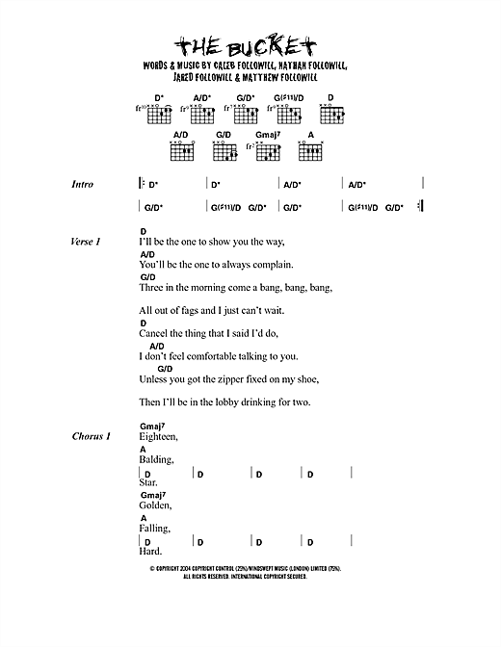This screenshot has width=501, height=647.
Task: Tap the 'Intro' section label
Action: [82, 184]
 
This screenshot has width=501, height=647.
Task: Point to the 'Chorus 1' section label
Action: [91, 436]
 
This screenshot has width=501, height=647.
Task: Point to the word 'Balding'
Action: [156, 460]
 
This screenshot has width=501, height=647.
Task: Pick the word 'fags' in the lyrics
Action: [202, 310]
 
